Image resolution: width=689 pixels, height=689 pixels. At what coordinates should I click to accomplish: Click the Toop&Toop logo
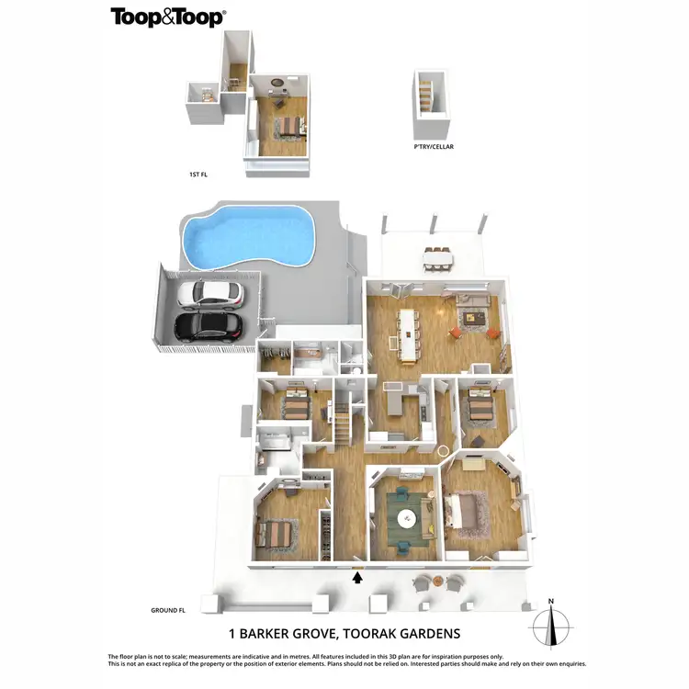[168, 17]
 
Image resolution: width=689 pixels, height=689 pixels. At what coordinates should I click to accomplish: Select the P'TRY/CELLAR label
[434, 146]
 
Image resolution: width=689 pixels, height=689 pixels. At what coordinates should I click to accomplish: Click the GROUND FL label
[169, 610]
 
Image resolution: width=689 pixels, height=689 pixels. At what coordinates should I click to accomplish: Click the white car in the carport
[210, 294]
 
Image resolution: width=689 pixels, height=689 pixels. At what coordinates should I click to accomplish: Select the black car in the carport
[209, 325]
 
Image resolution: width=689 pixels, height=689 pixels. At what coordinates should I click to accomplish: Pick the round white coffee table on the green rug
[406, 519]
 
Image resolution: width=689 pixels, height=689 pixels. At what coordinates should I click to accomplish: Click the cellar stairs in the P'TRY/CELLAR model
[425, 95]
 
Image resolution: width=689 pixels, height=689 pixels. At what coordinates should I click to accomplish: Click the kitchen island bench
[394, 401]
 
